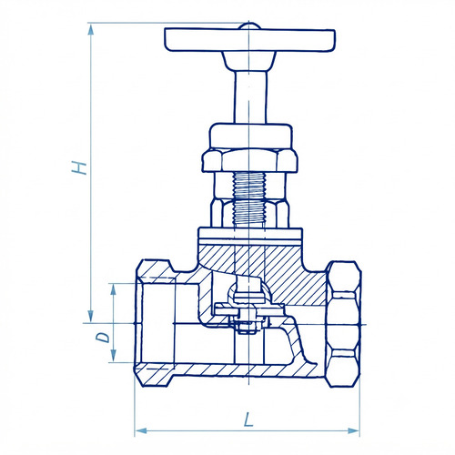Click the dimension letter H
click(x=79, y=168)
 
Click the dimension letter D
click(x=103, y=337)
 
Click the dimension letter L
click(x=248, y=419)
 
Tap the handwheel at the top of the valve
click(x=249, y=40)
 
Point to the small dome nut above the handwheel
click(x=249, y=26)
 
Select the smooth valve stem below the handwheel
click(x=250, y=97)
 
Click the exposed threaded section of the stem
click(x=249, y=199)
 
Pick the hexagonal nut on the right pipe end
click(x=344, y=324)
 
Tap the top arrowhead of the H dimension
click(x=90, y=30)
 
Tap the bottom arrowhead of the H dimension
click(x=90, y=317)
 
